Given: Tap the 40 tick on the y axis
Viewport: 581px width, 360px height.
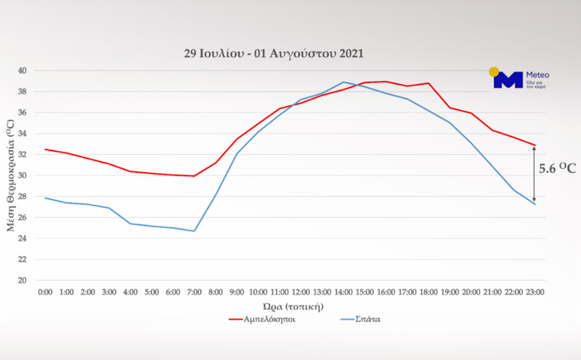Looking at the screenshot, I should click(x=22, y=70).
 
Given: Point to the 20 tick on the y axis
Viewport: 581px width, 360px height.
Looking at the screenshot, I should click(x=22, y=280).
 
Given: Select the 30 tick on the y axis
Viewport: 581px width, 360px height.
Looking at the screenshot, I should click(x=22, y=175).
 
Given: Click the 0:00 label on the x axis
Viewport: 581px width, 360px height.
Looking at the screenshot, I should click(x=45, y=292).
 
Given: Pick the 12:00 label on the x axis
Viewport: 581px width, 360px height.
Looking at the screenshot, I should click(x=301, y=292).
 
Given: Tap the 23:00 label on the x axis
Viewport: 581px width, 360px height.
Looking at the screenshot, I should click(x=535, y=292).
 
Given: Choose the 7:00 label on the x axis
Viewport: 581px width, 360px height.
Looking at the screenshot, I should click(x=194, y=292).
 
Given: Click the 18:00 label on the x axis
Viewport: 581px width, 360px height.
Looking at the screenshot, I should click(x=428, y=292).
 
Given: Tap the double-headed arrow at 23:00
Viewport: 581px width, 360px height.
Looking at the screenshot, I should click(x=534, y=174).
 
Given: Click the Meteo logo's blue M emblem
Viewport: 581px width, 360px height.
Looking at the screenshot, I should click(x=507, y=80).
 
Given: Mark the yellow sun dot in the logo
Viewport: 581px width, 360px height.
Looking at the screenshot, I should click(x=494, y=72).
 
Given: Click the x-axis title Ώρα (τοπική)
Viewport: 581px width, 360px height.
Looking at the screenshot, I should click(x=294, y=306).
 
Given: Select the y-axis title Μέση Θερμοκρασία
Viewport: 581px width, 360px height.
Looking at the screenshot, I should click(x=10, y=175).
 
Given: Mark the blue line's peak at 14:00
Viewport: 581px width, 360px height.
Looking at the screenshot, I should click(x=343, y=82).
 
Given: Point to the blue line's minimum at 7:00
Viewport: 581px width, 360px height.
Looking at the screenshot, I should click(x=194, y=231).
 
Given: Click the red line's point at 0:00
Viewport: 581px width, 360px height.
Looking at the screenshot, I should click(x=45, y=149).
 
